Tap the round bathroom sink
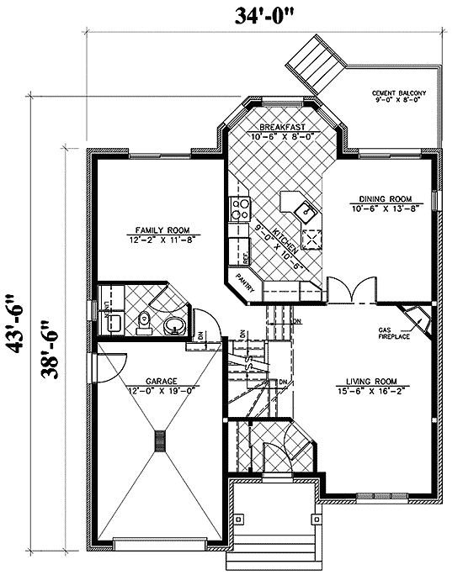(175, 324)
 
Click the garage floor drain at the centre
(159, 440)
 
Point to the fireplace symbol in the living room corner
(417, 318)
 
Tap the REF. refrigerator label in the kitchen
(237, 250)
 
